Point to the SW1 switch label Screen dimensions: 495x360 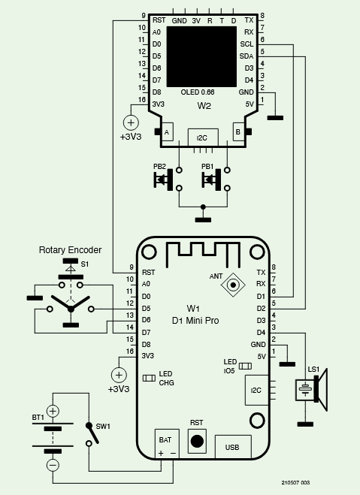[102, 426]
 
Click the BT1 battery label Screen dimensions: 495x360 [38, 417]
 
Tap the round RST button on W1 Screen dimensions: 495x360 [197, 441]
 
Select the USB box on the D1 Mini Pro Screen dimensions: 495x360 [234, 446]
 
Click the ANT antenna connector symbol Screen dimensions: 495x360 [236, 284]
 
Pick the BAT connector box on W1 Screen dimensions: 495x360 [166, 445]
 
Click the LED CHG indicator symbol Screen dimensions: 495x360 [149, 378]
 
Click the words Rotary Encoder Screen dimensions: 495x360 [70, 249]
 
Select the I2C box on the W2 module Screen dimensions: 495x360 [201, 138]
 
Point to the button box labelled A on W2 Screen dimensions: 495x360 [166, 132]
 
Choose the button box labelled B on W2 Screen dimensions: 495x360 [238, 132]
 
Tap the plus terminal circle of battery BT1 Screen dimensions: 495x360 [53, 410]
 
